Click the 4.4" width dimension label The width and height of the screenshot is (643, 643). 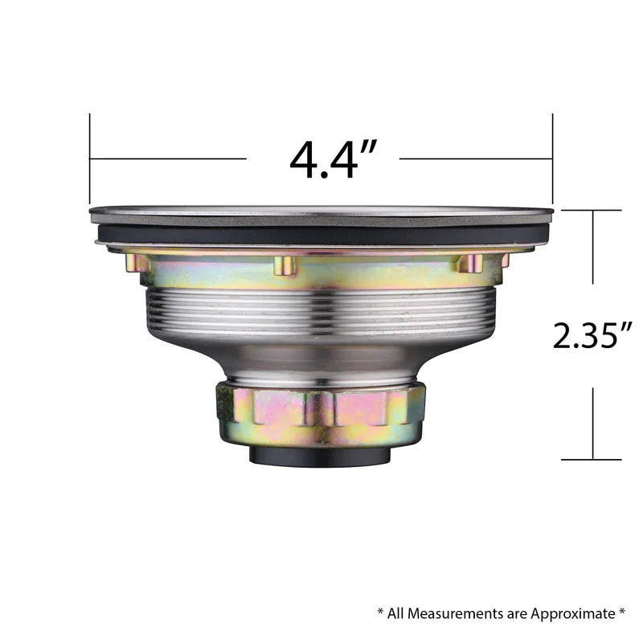click(333, 159)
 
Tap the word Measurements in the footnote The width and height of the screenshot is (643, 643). click(455, 614)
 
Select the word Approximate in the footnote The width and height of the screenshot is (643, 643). click(573, 614)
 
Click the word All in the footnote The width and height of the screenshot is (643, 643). click(395, 614)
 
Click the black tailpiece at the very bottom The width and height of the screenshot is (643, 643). click(320, 456)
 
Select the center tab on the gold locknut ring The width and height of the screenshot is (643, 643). click(285, 266)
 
